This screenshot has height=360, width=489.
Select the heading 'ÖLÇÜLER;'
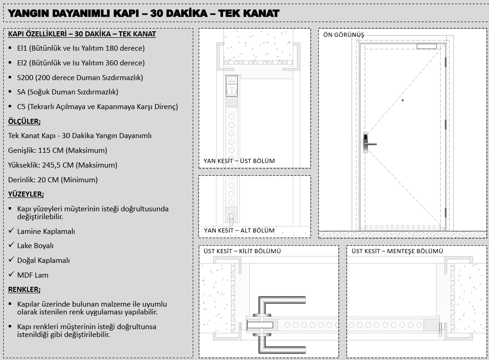click(x=24, y=122)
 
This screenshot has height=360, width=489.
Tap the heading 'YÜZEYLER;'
click(x=26, y=194)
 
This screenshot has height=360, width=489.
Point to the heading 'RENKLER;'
click(x=24, y=290)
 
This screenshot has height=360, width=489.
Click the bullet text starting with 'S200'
click(x=80, y=77)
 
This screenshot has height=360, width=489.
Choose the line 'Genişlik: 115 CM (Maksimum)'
click(x=58, y=151)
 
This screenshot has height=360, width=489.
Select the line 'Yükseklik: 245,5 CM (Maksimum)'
click(x=63, y=165)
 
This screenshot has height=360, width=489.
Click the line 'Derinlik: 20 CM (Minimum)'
click(x=53, y=180)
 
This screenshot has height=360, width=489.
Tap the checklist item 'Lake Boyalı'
click(x=35, y=246)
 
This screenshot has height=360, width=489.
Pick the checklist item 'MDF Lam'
click(x=33, y=275)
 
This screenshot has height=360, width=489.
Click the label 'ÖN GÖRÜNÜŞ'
click(x=343, y=35)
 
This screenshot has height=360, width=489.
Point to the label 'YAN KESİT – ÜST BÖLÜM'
click(x=239, y=161)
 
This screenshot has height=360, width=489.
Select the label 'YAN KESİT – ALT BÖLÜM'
click(x=239, y=230)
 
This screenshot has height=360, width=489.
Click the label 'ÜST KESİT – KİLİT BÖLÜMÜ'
click(x=242, y=251)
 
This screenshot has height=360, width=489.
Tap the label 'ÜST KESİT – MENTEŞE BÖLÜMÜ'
click(x=397, y=251)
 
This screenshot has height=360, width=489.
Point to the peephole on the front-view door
click(x=403, y=100)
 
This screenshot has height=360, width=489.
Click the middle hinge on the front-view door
click(x=445, y=124)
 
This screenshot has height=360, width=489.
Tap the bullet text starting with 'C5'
click(x=97, y=107)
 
